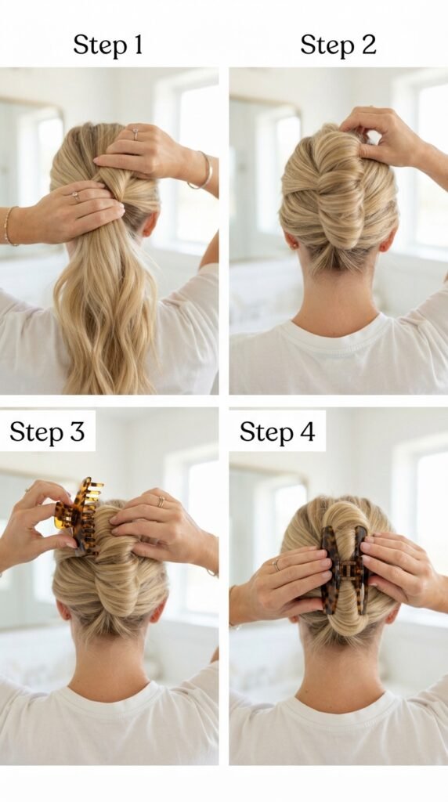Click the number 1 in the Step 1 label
(x=138, y=45)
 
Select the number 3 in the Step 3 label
(x=77, y=432)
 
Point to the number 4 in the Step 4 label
(x=307, y=432)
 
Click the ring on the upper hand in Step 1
(x=135, y=133)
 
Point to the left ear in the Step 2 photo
(x=290, y=239)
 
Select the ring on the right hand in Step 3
(x=161, y=500)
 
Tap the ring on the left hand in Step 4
(x=276, y=564)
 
